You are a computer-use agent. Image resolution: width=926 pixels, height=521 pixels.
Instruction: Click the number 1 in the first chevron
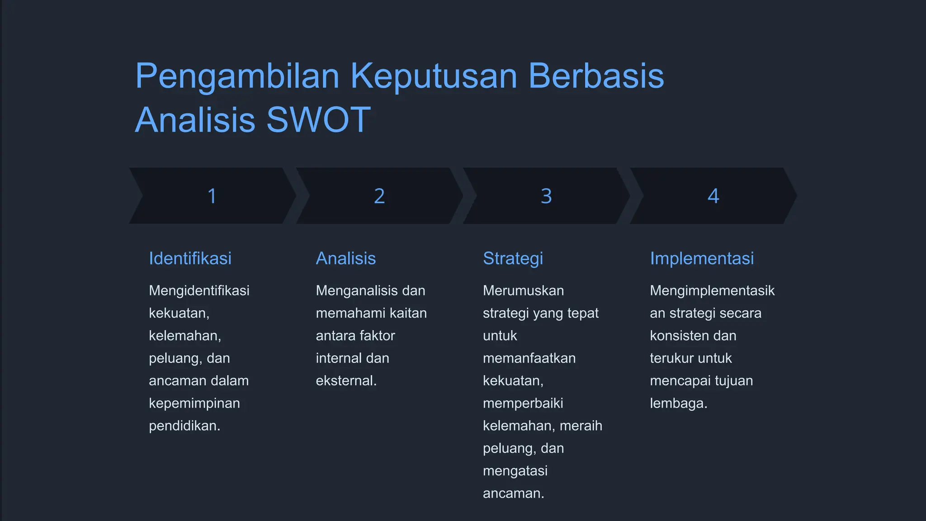(x=212, y=196)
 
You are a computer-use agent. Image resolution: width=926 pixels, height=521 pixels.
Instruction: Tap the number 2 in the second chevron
(x=379, y=196)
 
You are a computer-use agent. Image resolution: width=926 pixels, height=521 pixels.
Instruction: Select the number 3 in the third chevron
(x=546, y=196)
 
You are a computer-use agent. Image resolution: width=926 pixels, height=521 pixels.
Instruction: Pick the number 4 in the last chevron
(x=713, y=196)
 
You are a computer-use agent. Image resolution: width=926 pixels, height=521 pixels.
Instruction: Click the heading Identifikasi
(x=190, y=258)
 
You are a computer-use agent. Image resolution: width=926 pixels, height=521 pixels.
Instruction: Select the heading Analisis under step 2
(x=345, y=258)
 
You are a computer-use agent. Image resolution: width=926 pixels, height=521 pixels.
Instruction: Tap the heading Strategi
(x=513, y=258)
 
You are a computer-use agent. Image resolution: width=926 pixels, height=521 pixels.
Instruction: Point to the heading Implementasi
(x=702, y=258)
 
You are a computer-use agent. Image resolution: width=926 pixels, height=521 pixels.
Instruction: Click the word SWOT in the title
(x=318, y=120)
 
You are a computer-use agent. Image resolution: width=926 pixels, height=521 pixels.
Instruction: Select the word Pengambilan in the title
(x=237, y=76)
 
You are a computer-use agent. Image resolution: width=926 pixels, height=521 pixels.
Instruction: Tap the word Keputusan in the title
(x=434, y=76)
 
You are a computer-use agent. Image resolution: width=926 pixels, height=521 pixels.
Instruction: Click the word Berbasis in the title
(x=596, y=76)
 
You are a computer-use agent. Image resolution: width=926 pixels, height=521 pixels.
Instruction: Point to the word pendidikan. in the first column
(x=184, y=426)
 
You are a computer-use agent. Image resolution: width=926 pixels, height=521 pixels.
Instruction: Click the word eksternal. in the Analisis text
(x=346, y=380)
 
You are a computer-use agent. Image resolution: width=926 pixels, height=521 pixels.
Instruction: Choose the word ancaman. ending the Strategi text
(x=513, y=493)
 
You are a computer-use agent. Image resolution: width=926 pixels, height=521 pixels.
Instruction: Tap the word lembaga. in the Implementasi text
(x=678, y=403)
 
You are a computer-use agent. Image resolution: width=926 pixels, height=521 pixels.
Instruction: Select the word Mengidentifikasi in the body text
(x=199, y=290)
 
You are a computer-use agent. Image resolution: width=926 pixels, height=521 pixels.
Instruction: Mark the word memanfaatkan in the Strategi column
(x=529, y=358)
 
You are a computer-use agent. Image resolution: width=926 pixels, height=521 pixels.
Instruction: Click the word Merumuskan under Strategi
(x=523, y=290)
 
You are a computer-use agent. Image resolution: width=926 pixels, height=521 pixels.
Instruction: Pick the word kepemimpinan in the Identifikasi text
(x=194, y=403)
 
